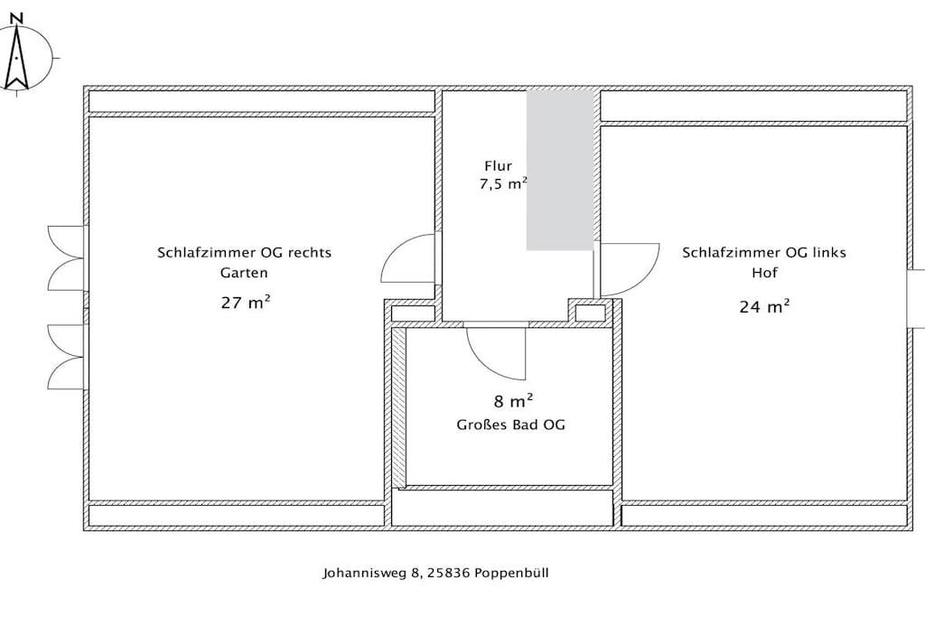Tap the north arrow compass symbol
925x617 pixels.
tap(17, 59)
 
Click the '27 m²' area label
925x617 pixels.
tap(246, 303)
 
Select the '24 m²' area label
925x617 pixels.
tap(764, 307)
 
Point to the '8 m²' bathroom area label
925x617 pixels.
tap(513, 401)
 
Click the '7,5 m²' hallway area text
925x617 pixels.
tap(503, 183)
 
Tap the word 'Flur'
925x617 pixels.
tap(498, 166)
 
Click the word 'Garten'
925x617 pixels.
tap(244, 273)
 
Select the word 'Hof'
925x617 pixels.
tap(764, 273)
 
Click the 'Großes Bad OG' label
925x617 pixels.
tap(511, 425)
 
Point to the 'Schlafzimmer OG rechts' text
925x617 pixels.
tap(244, 252)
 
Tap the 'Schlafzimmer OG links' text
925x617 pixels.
tap(764, 252)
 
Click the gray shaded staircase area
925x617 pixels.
tap(560, 169)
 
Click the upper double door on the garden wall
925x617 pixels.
tap(66, 258)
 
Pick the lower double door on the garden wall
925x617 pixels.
tap(66, 356)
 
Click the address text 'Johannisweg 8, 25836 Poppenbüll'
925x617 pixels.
tap(435, 573)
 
